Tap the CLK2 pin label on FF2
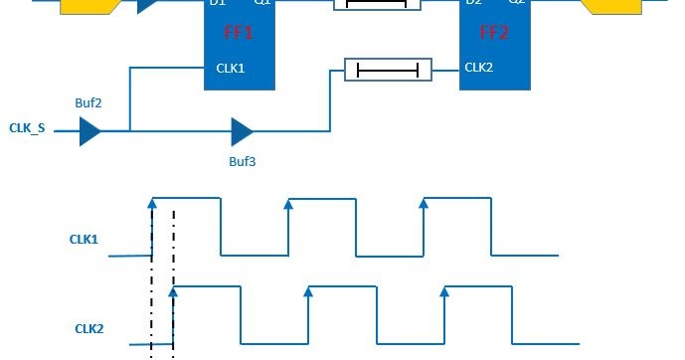tap(479, 69)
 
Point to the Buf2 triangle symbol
tap(89, 130)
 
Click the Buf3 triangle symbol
tap(242, 130)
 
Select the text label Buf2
tap(87, 102)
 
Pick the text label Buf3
tap(242, 159)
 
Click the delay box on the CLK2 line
tap(388, 70)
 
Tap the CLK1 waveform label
tap(84, 239)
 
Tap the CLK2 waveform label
tap(89, 327)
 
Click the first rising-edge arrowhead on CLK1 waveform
tap(152, 202)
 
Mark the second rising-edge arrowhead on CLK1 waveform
tap(287, 203)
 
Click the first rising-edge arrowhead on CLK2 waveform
tap(173, 290)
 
